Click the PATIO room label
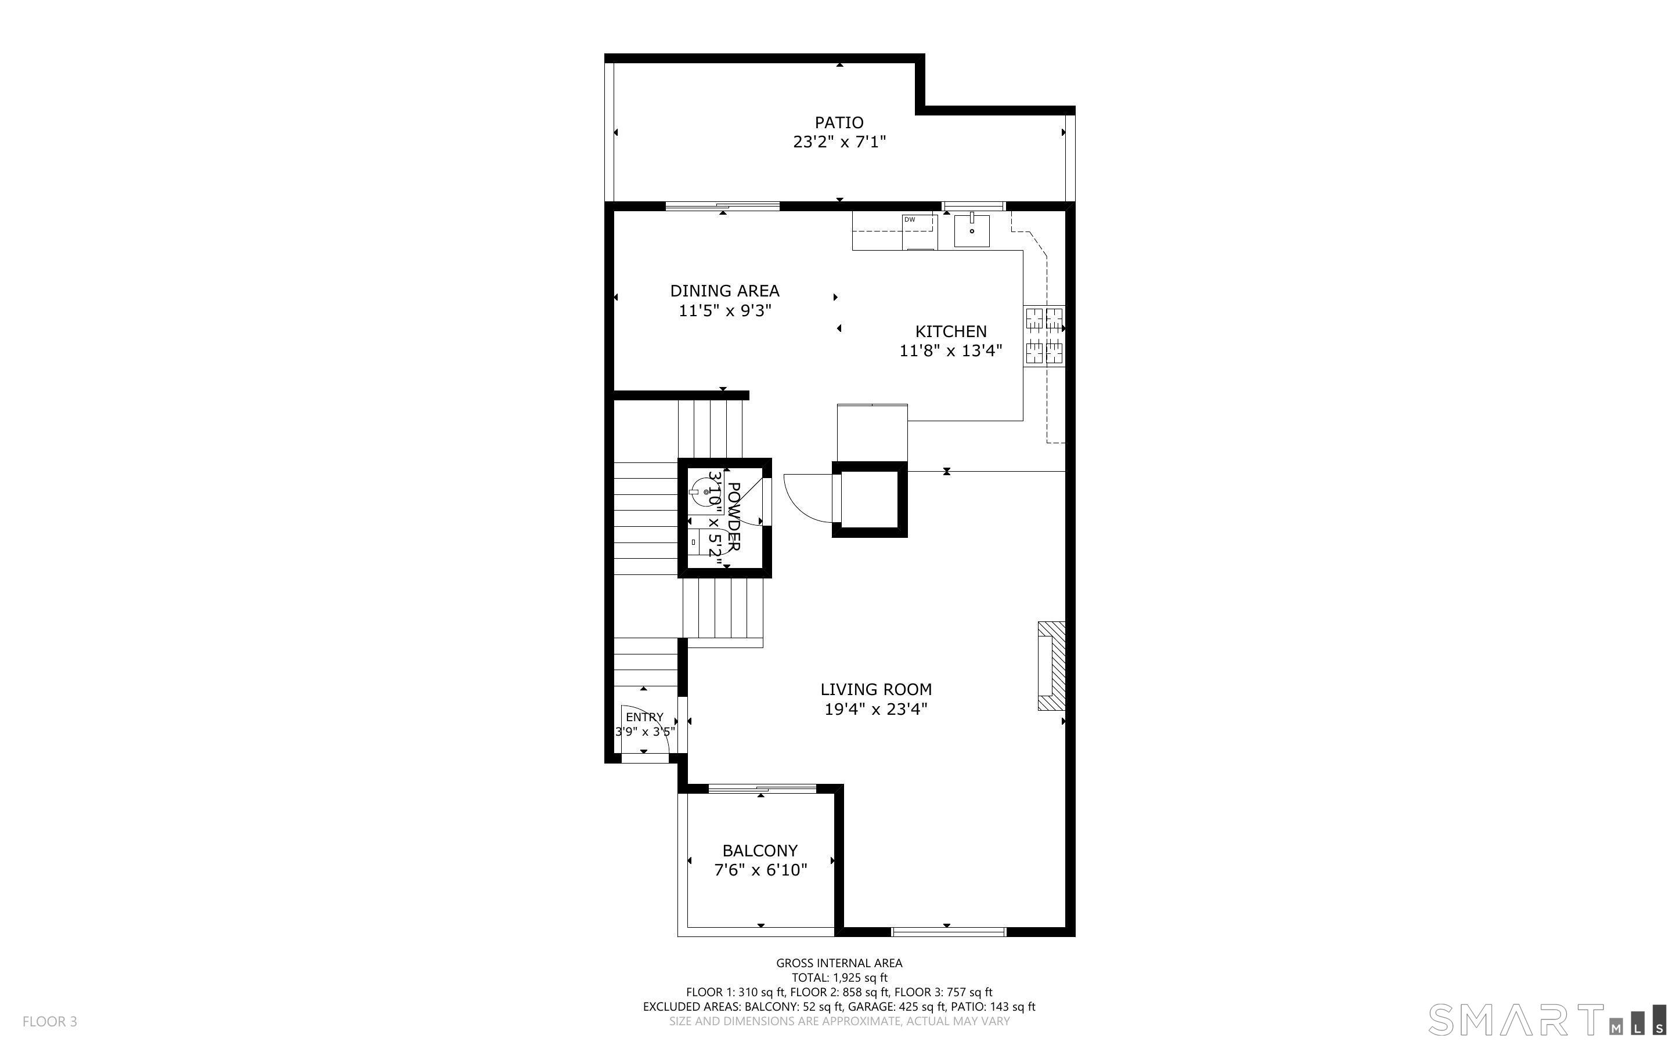click(x=839, y=123)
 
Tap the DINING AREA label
click(x=724, y=291)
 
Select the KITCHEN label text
click(x=951, y=332)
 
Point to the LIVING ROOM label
click(x=876, y=690)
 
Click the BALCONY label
click(x=760, y=851)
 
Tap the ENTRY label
click(x=645, y=717)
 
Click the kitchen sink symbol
click(x=972, y=230)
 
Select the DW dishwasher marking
click(x=909, y=219)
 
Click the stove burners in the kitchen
click(x=1044, y=337)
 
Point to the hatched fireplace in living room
click(x=1051, y=666)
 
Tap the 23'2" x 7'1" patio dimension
click(x=839, y=142)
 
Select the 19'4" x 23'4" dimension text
click(x=876, y=709)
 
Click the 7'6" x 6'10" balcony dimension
click(x=760, y=870)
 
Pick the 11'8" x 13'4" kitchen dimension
click(x=951, y=351)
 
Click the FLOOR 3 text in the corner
click(x=50, y=1021)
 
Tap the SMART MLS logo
click(x=1546, y=1021)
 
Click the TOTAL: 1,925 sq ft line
click(x=839, y=978)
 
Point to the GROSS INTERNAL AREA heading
click(x=839, y=963)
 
